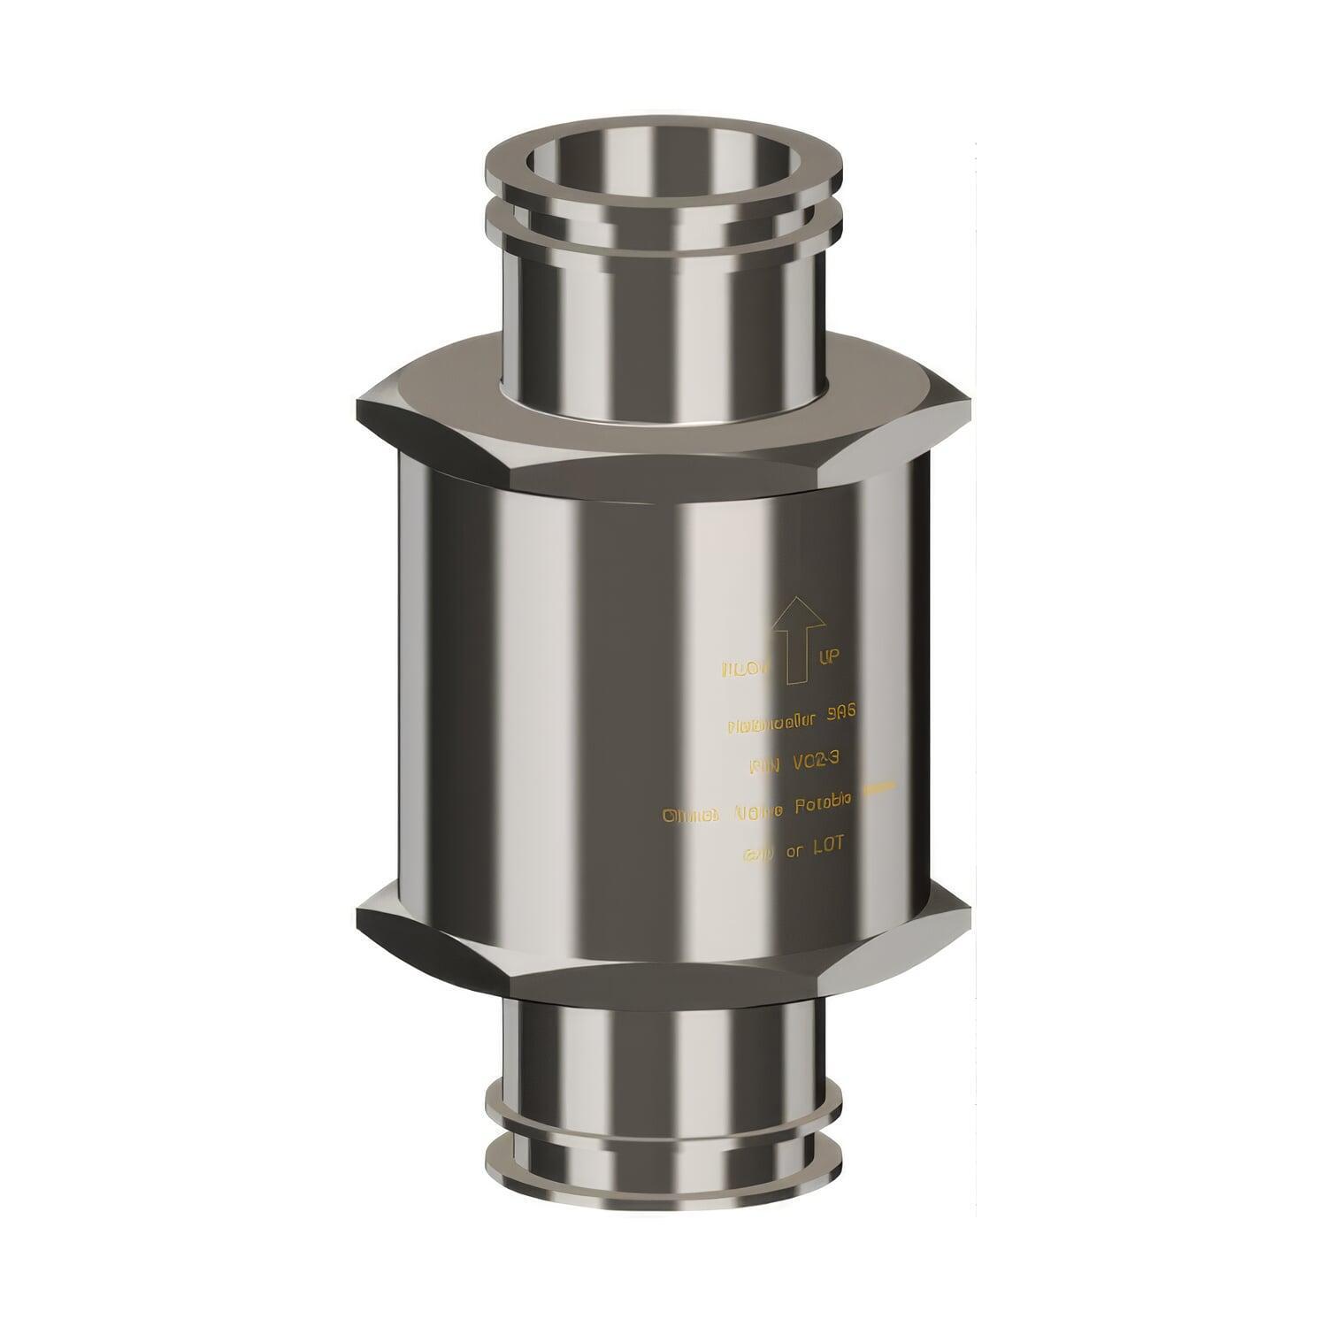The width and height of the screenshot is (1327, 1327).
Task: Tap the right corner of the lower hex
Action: tap(966, 911)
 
